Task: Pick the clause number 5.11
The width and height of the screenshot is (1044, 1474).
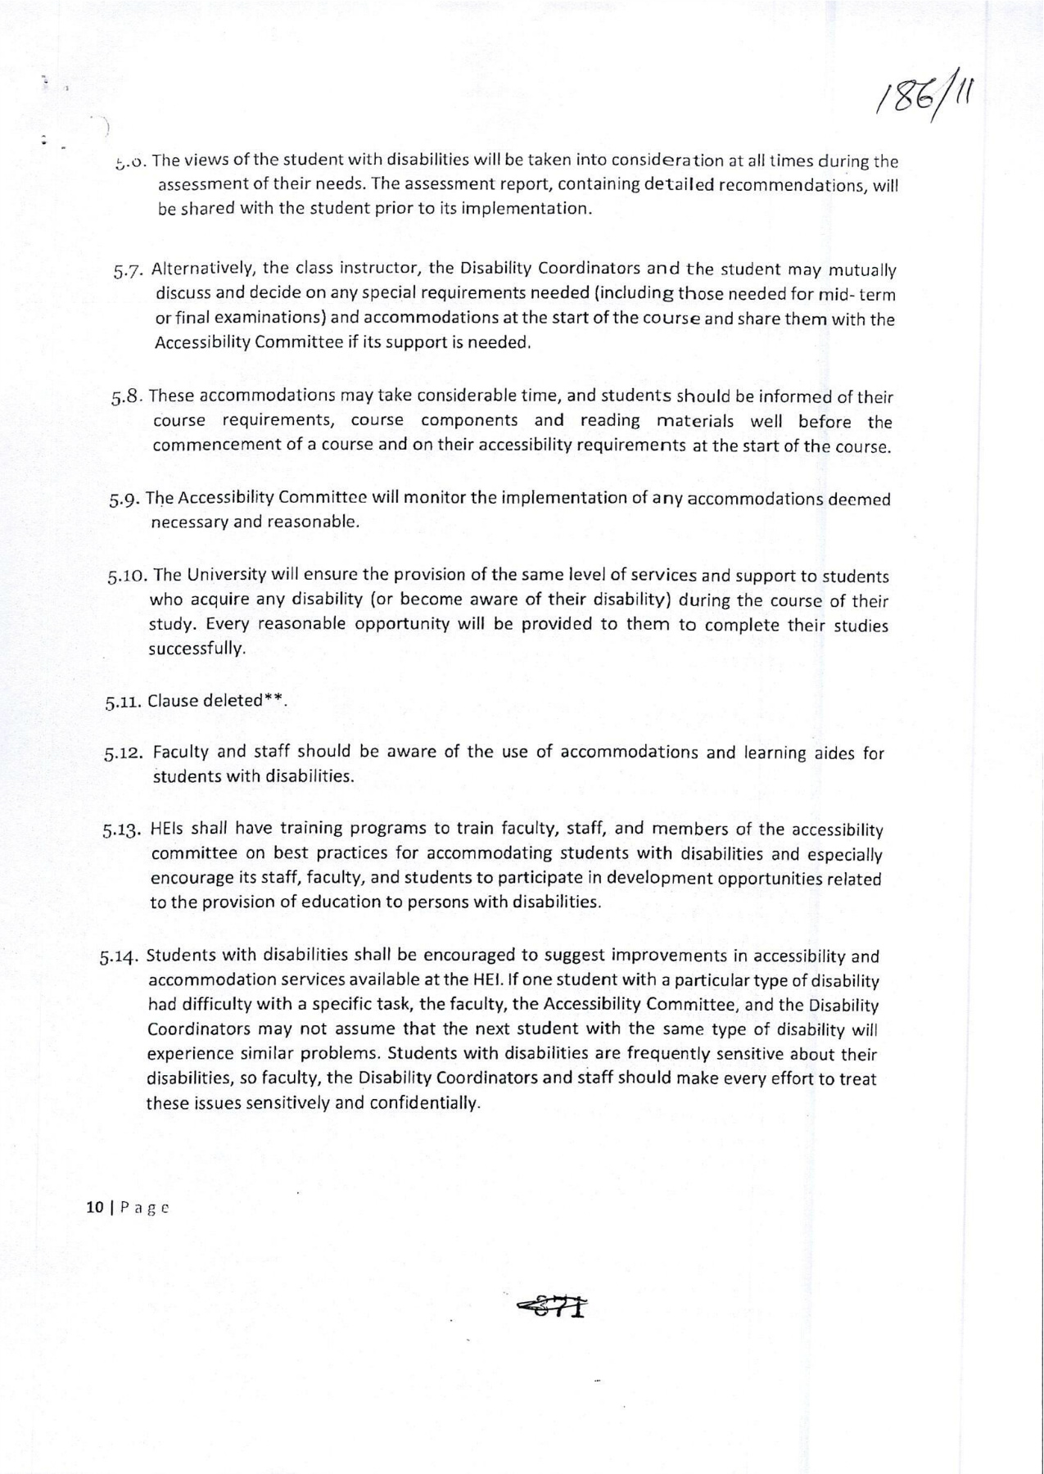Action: click(124, 702)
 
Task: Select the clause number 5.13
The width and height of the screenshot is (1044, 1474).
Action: click(124, 830)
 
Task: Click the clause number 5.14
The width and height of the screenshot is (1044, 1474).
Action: click(121, 957)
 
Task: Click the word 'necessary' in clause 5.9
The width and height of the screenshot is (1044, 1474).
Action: click(190, 522)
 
